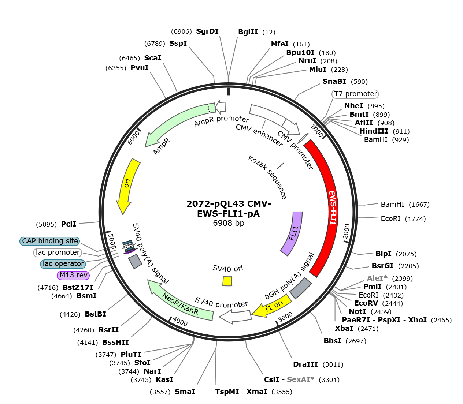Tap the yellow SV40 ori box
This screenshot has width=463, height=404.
[227, 281]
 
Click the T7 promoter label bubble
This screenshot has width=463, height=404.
[355, 94]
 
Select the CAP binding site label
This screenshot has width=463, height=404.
[50, 241]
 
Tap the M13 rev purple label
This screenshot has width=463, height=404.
[73, 275]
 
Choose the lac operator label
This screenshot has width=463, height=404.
[63, 264]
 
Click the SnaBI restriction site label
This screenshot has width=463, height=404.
[334, 81]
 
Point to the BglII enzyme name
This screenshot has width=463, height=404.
[248, 32]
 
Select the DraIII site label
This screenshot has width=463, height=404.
[305, 364]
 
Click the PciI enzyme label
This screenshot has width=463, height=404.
[68, 224]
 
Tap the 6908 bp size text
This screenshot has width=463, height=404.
[229, 223]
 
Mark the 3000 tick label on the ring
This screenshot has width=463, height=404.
[285, 317]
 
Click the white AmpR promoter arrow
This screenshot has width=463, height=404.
[221, 107]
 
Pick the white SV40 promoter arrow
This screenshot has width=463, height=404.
[236, 317]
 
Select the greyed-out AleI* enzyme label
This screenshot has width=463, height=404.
[377, 278]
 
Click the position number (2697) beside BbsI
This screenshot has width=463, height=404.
[356, 341]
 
